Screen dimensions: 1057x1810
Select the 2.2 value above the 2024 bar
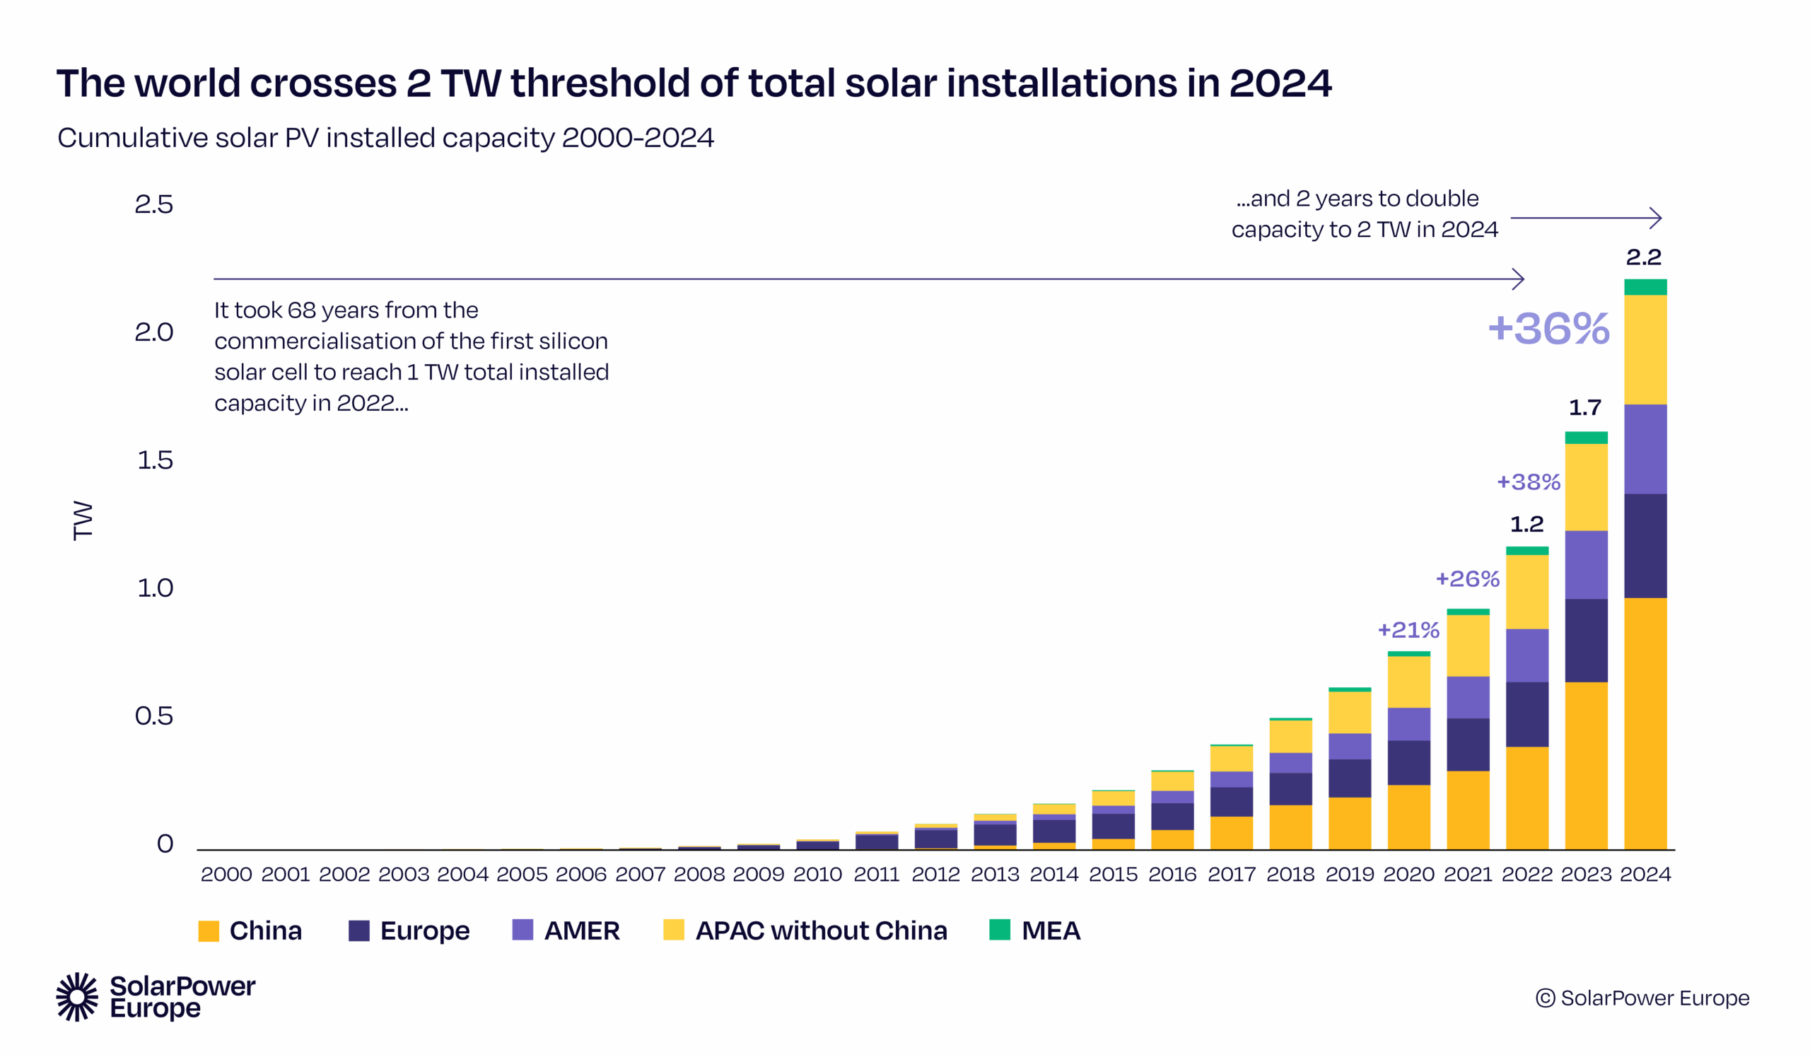pos(1643,257)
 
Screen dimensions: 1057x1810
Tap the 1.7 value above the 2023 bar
pos(1585,408)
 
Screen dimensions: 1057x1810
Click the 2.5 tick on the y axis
pos(153,204)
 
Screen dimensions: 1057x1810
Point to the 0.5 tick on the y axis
pos(153,716)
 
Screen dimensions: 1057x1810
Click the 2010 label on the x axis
pos(817,874)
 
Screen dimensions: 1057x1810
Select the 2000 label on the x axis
pos(226,874)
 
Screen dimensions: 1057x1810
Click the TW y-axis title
pos(83,520)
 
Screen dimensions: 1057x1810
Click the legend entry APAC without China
pos(821,930)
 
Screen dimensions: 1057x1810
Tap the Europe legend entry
pos(424,930)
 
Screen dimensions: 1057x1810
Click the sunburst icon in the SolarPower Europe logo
pos(77,997)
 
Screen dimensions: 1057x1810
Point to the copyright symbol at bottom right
pos(1545,998)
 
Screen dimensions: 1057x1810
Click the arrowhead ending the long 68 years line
pos(1521,279)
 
